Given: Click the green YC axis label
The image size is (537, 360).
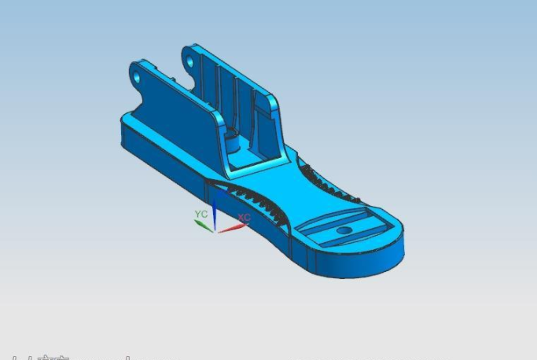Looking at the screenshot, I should [201, 214].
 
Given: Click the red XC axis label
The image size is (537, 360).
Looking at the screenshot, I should [245, 217].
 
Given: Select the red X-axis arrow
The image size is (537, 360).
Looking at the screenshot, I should [232, 228].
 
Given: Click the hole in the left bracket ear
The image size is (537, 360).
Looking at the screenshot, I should [137, 77].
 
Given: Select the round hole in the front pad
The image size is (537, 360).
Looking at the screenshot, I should [344, 232].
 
